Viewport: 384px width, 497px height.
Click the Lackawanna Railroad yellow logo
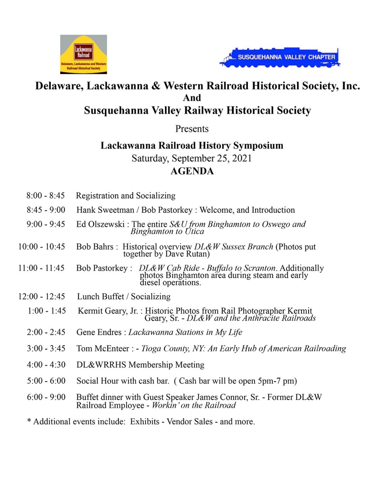[x=84, y=54]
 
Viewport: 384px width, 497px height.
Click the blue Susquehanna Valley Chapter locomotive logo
[x=280, y=57]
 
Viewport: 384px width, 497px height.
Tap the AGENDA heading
[x=192, y=171]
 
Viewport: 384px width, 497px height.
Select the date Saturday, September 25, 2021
[x=192, y=158]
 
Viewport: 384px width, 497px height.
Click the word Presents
[x=192, y=129]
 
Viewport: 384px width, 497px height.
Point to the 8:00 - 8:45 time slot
[x=46, y=196]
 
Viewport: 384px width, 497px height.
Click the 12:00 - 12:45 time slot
[x=42, y=296]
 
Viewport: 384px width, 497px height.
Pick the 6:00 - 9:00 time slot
[x=46, y=397]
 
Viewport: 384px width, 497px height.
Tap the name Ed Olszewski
[x=100, y=224]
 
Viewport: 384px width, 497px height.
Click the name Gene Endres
[x=99, y=332]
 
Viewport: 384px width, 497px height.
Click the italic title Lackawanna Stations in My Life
[x=185, y=332]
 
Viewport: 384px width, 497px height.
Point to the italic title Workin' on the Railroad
[x=194, y=406]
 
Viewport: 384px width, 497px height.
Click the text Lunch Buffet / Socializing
[x=124, y=296]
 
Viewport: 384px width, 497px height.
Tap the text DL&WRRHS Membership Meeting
[x=140, y=365]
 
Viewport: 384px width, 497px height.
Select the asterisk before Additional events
[x=29, y=421]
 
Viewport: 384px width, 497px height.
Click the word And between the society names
[x=192, y=98]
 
